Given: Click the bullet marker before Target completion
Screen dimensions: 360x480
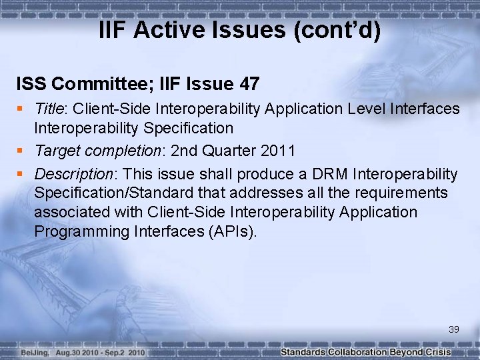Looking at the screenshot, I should (21, 151).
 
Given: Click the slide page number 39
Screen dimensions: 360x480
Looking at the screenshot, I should (454, 329).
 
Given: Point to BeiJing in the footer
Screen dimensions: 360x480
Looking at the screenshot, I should (33, 352).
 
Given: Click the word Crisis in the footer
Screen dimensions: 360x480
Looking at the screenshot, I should (437, 352).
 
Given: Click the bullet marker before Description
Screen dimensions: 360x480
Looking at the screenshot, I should (21, 175).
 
